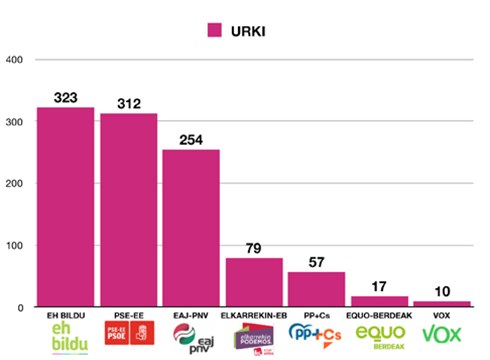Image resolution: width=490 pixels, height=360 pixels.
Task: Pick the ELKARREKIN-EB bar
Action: tap(253, 282)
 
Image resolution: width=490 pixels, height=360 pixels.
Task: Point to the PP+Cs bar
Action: tap(316, 289)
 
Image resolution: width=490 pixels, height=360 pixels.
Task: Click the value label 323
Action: tap(66, 99)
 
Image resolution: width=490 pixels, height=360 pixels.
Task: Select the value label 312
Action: tap(128, 105)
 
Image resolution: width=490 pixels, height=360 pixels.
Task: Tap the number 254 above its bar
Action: tap(191, 141)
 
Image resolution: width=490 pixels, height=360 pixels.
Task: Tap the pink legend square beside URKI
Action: tap(214, 30)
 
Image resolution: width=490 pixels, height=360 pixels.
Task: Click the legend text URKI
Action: tap(253, 30)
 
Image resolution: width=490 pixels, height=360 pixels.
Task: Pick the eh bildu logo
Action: tap(66, 338)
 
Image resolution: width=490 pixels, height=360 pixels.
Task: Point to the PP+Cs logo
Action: tap(316, 334)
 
